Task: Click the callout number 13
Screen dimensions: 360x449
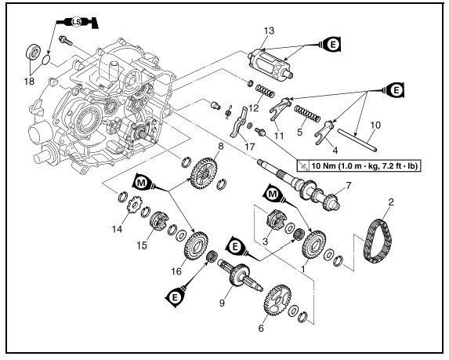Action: click(x=269, y=30)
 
